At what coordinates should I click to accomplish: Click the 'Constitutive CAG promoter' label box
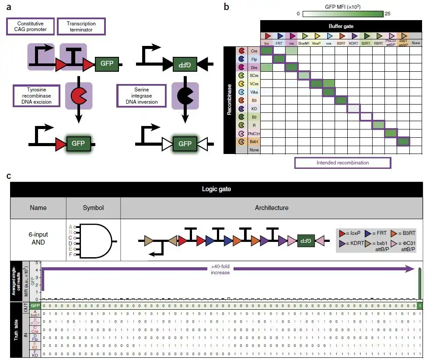click(31, 26)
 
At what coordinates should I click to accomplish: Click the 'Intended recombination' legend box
click(342, 163)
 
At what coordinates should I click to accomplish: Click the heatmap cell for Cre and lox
click(267, 51)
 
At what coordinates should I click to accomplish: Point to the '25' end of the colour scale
click(387, 14)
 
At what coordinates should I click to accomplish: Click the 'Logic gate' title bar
click(216, 189)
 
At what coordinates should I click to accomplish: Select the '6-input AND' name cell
click(38, 237)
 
